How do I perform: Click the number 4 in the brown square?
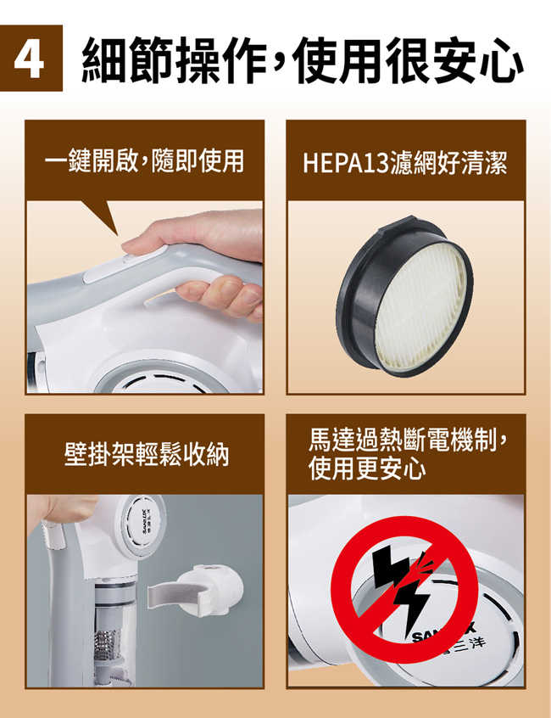31,61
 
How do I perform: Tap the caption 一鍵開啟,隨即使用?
144,160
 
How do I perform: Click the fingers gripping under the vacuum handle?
225,293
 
